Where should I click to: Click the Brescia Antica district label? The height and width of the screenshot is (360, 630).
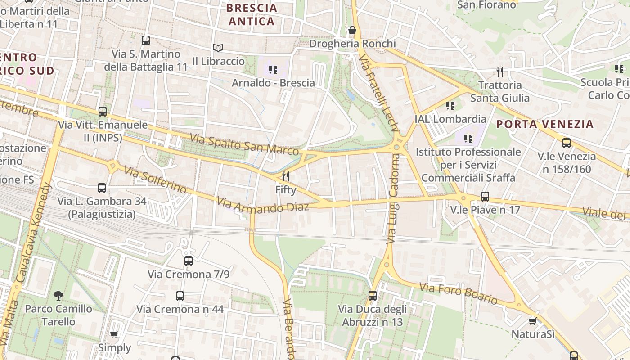[252, 15]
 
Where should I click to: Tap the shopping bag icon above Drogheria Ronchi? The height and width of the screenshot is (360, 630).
[352, 31]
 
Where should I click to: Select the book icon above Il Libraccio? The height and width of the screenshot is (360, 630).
[218, 48]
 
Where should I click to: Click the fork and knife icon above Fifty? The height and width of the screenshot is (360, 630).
[286, 176]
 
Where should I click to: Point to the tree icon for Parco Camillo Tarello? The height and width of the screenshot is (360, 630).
[58, 296]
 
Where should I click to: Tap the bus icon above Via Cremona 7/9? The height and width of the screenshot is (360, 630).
[189, 261]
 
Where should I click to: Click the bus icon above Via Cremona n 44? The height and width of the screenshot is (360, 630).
[180, 296]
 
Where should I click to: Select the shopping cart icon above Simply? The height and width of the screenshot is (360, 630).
[114, 335]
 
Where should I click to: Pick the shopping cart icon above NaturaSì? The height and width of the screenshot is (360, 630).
[533, 321]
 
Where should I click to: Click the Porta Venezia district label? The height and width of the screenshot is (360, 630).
[545, 124]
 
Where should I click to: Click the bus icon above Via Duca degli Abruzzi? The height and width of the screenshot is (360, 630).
[373, 296]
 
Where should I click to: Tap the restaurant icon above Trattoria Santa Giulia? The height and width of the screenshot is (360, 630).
[499, 72]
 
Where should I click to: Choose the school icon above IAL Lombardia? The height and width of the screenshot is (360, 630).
[450, 106]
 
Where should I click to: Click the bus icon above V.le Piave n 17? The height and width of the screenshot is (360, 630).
[485, 197]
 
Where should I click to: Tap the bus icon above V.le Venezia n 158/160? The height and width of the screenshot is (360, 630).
[567, 144]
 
